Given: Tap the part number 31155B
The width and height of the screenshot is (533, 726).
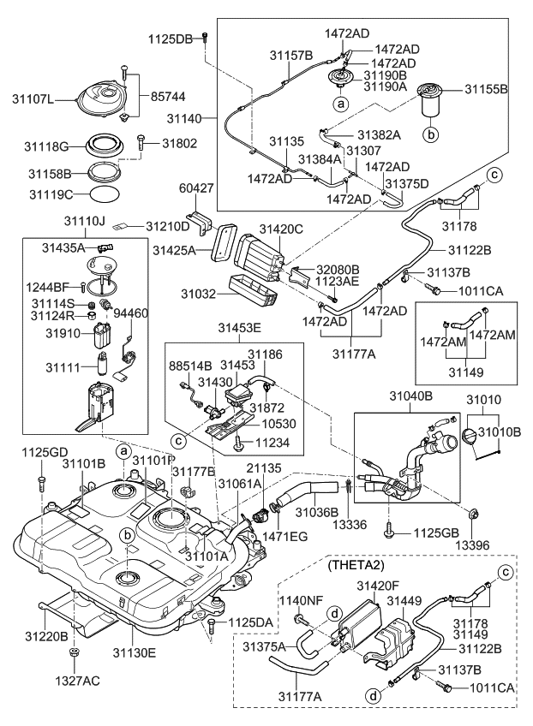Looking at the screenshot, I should tap(486, 88).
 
